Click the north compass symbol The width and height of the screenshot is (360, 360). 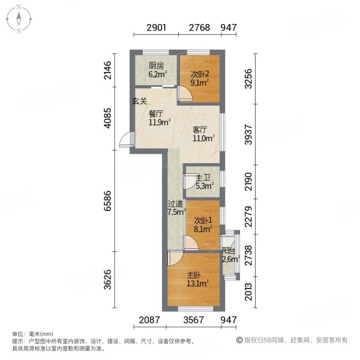coord(19,19)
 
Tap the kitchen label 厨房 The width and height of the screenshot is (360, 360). coord(156,66)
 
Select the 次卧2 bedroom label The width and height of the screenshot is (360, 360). coord(200,74)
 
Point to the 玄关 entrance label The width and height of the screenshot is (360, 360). coord(139,101)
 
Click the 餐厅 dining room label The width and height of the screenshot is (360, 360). coord(156,114)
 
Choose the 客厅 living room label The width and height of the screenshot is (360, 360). coord(200,130)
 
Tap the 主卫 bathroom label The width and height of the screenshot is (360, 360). coord(203,178)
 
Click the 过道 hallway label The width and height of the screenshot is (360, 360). coord(175,203)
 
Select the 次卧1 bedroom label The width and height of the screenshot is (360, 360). coord(203,221)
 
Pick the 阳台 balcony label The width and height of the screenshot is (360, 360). coord(229,251)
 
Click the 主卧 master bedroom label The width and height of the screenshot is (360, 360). coord(194,275)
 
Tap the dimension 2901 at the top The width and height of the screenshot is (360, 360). coord(156,28)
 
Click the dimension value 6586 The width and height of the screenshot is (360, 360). coord(107,201)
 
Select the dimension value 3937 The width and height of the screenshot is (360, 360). coord(248,135)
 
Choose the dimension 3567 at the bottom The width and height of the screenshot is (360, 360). coord(193,320)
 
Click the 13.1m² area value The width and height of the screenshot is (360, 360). coord(197,284)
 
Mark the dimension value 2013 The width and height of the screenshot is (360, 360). coord(248,292)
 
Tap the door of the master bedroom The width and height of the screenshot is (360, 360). coord(175,258)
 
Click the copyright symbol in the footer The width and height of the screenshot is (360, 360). coord(239,340)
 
